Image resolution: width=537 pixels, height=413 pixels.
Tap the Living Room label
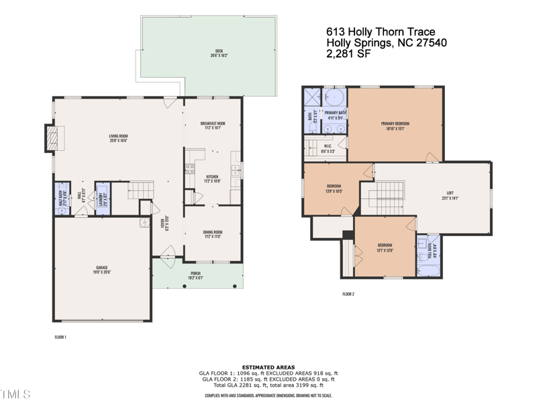pyautogui.click(x=119, y=139)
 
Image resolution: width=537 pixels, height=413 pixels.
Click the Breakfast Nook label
pyautogui.click(x=212, y=125)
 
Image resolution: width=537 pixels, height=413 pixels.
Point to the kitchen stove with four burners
pyautogui.click(x=190, y=168)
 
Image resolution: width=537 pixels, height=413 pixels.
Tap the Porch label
pyautogui.click(x=195, y=276)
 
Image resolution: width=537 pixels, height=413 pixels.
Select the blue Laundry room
pyautogui.click(x=103, y=198)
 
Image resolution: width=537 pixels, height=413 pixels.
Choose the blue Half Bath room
pyautogui.click(x=62, y=198)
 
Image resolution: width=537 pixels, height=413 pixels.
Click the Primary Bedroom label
pyautogui.click(x=395, y=125)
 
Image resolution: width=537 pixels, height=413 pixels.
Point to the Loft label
pyautogui.click(x=450, y=195)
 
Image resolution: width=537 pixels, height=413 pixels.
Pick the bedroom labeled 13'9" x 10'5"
pyautogui.click(x=334, y=188)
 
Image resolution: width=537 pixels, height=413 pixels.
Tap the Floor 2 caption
pyautogui.click(x=348, y=294)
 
